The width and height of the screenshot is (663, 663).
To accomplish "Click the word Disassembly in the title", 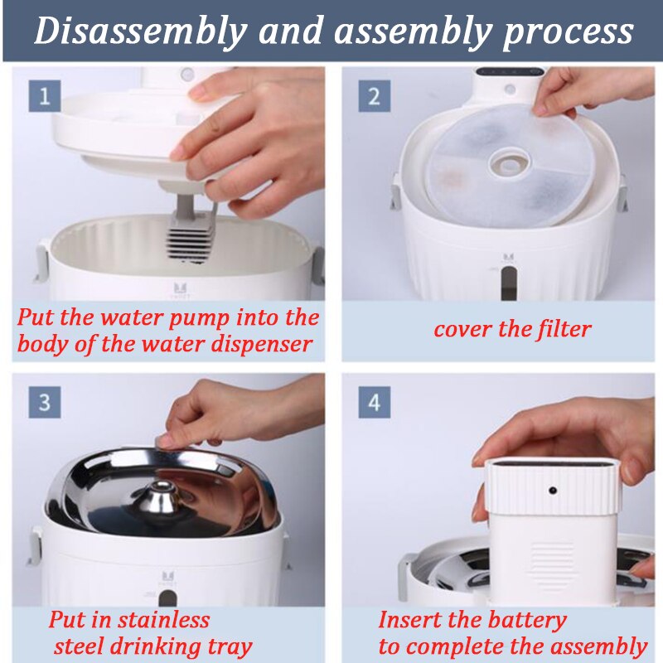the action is click(140, 31).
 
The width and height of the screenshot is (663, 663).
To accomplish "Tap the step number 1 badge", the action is click(45, 96).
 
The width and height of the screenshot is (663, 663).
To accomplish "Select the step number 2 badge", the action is click(375, 96).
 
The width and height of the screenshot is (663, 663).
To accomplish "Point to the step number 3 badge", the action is click(45, 402).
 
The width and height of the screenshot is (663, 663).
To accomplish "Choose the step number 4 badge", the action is click(375, 402).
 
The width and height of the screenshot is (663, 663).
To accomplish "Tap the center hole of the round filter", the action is click(509, 162).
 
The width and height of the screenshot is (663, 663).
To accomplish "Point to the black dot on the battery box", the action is click(552, 491).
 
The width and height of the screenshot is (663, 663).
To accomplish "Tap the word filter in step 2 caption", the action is click(564, 329).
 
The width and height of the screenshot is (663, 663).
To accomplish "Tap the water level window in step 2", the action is click(508, 281).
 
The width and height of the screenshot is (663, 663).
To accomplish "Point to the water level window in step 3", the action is click(168, 598).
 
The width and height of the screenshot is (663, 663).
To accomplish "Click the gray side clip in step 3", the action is click(35, 545).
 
